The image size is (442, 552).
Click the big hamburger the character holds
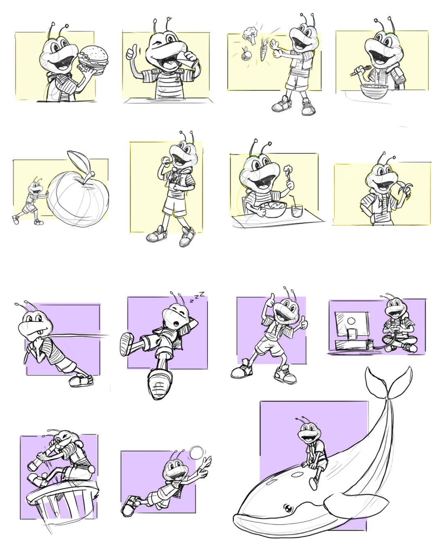pyautogui.click(x=93, y=59)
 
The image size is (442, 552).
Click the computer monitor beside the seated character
pyautogui.click(x=352, y=324)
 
